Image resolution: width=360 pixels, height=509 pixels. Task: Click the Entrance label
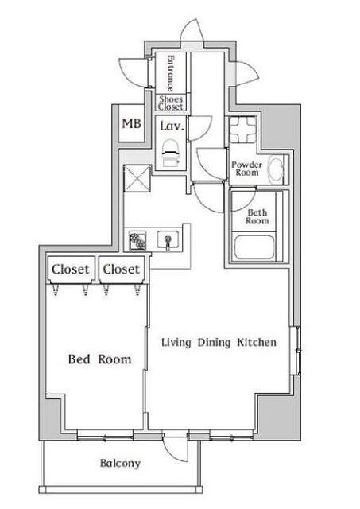170,73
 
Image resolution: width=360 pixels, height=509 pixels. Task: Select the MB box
129,123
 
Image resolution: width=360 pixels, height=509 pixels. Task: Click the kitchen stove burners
138,239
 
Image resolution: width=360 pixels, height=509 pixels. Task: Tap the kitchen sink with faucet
168,239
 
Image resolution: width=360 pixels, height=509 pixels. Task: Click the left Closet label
71,270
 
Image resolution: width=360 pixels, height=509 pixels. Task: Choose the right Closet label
122,270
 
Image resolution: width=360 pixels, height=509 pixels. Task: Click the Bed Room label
99,359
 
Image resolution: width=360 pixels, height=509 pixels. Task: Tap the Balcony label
120,464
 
